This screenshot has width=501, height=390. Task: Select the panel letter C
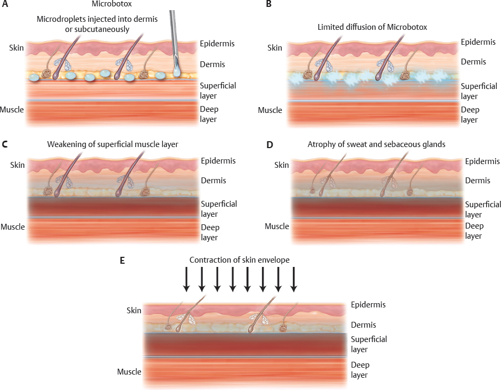click(5, 144)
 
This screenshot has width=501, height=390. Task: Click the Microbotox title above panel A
click(106, 5)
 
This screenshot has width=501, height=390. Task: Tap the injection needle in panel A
click(174, 37)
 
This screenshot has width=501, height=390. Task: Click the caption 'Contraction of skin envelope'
click(239, 261)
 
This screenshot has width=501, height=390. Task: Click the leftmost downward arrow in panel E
click(186, 280)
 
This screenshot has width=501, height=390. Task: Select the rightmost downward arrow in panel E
click(293, 280)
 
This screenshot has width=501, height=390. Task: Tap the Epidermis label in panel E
click(368, 305)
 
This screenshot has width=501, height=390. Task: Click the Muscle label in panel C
click(13, 227)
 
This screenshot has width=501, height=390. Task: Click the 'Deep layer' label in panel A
click(210, 114)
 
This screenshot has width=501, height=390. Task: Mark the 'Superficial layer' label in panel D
click(483, 209)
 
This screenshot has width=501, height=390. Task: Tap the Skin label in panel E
click(134, 310)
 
